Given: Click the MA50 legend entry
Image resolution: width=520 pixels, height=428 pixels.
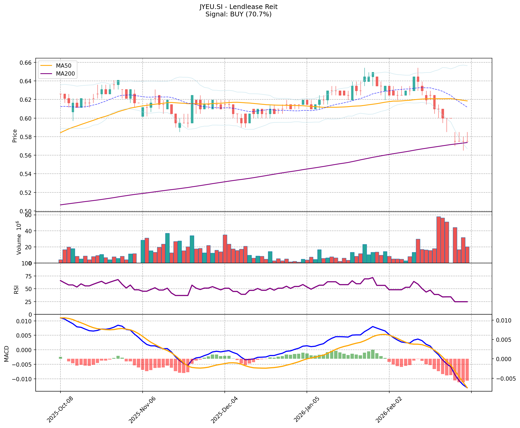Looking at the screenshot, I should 63,65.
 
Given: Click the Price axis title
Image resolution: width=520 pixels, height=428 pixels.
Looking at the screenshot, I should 15,136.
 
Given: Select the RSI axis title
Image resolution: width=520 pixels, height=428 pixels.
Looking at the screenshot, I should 16,289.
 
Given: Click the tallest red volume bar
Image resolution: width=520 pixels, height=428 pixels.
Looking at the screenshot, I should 438,240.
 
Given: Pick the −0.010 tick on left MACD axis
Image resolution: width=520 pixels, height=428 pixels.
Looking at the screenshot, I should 23,379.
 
